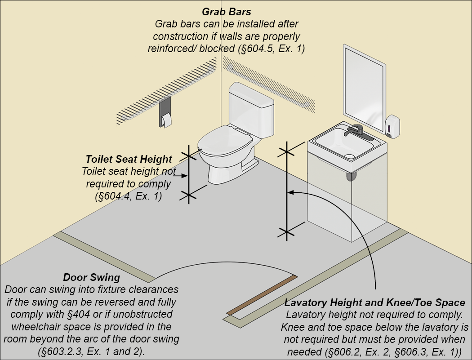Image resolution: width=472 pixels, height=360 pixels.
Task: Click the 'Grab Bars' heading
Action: (x=226, y=11)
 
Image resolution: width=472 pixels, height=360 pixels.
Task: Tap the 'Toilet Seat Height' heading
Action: (x=129, y=159)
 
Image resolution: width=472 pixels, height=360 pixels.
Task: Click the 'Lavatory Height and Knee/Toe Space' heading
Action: (x=375, y=302)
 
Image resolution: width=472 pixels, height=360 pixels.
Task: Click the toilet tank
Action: (x=251, y=108)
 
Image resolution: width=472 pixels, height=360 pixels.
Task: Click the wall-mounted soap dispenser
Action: (x=392, y=124)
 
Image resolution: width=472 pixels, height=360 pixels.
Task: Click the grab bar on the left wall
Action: (x=166, y=94)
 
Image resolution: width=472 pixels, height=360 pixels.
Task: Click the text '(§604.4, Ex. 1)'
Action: (x=129, y=196)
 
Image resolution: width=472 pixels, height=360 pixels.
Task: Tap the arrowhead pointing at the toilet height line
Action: (x=185, y=176)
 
